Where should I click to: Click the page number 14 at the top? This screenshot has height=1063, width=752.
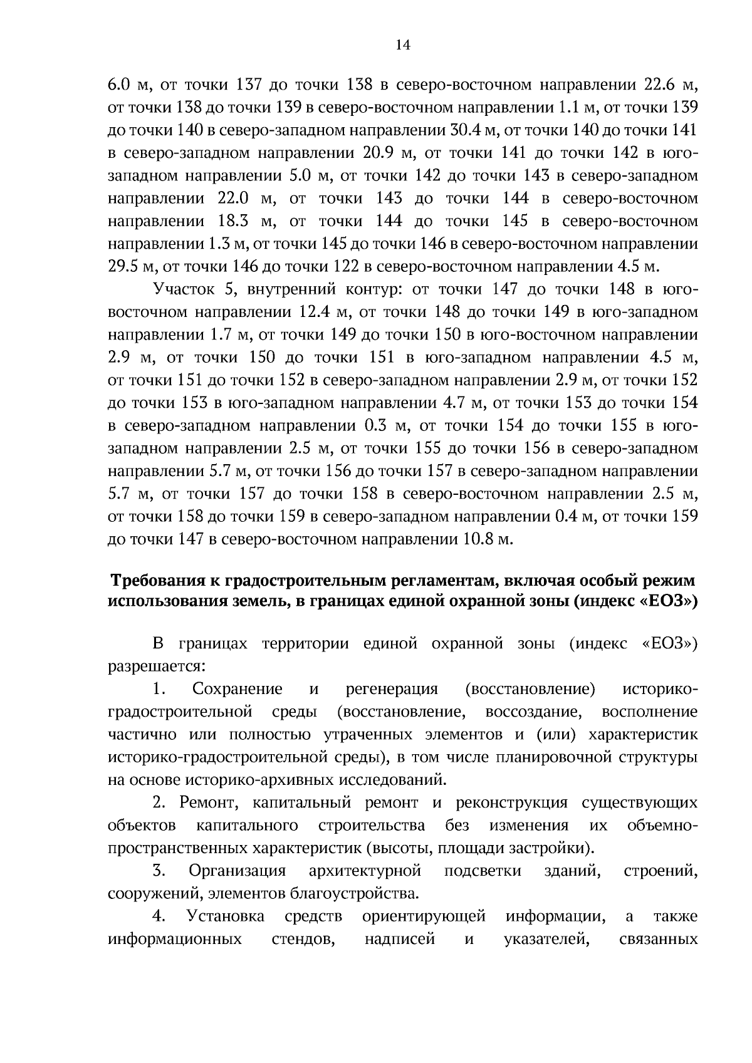[x=403, y=45]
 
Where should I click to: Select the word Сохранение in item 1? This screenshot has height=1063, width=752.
[x=238, y=690]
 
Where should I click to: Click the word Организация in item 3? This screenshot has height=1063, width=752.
[x=238, y=871]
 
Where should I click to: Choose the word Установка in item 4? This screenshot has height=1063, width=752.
[x=226, y=916]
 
